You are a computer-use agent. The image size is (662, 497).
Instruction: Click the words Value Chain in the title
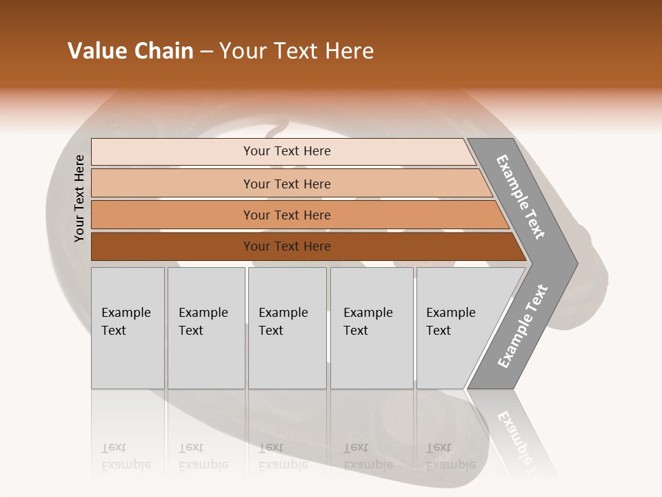[x=130, y=51]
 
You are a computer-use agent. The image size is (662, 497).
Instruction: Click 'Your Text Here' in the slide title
[x=297, y=51]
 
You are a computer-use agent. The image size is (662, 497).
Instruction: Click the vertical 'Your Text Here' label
[x=79, y=198]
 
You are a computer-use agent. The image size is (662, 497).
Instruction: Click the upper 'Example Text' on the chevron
[x=521, y=197]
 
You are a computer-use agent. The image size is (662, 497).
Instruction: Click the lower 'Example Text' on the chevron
[x=523, y=326]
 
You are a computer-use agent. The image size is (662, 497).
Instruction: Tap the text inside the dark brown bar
[x=287, y=246]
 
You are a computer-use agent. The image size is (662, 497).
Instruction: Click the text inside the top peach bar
[x=287, y=151]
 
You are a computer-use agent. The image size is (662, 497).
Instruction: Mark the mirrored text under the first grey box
[x=126, y=456]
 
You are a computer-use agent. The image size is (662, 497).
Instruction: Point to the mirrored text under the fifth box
[x=451, y=456]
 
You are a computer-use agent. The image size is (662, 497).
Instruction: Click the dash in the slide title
[x=206, y=52]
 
